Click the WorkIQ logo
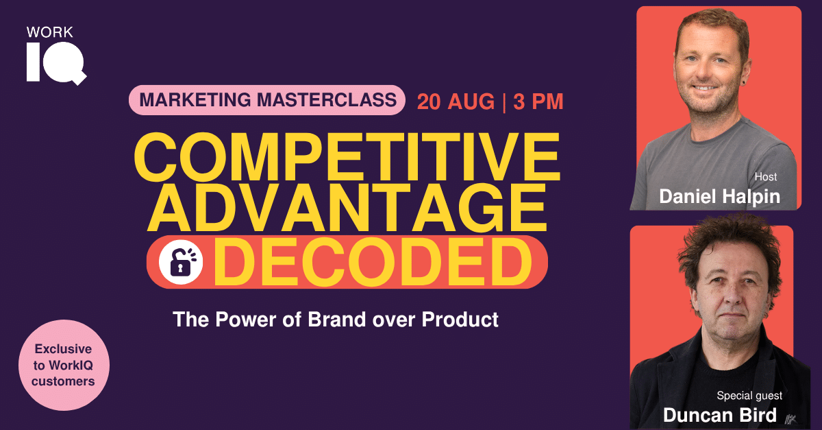(x=56, y=55)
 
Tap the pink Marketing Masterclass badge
(x=266, y=100)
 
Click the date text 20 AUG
(x=456, y=101)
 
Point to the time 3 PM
(x=538, y=101)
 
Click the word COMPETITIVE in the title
(x=347, y=157)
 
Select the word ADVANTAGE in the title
(x=347, y=208)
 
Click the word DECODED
(x=373, y=262)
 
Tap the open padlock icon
(x=181, y=262)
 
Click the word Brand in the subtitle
(x=337, y=319)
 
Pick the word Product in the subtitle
(x=460, y=319)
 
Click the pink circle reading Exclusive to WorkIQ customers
(x=64, y=365)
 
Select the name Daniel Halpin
(x=720, y=197)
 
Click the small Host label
(x=766, y=177)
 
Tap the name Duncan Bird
(x=720, y=415)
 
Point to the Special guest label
(x=749, y=396)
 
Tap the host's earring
(x=744, y=82)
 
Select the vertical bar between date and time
(x=504, y=102)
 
